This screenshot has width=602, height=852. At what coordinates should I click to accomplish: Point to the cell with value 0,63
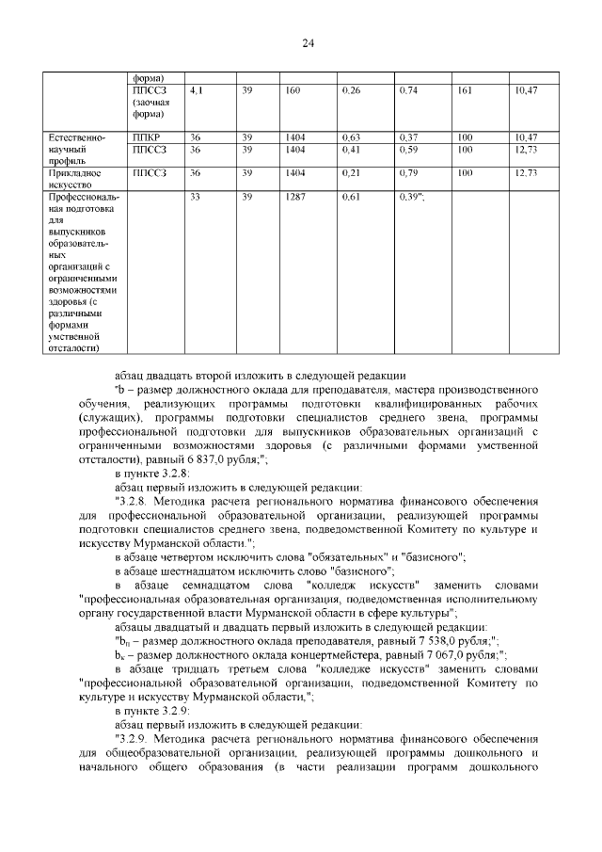click(352, 137)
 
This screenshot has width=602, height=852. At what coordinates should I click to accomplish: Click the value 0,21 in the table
click(352, 174)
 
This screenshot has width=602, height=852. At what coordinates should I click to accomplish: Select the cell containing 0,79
click(409, 174)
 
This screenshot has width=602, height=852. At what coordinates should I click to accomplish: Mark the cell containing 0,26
click(352, 91)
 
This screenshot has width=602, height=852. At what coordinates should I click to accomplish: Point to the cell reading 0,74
click(409, 91)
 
